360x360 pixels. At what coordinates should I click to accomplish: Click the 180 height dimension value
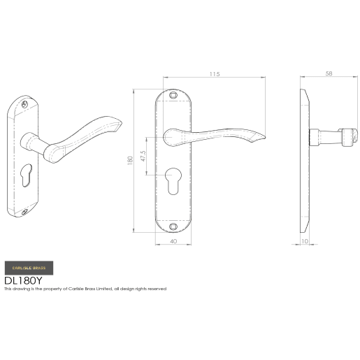click(x=129, y=161)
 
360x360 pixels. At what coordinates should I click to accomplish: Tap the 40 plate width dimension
click(x=173, y=243)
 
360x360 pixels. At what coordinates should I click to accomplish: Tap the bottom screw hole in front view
click(x=173, y=227)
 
